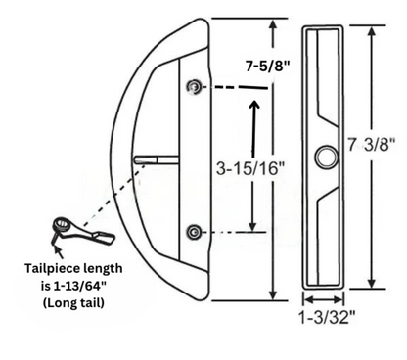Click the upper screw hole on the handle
[x=197, y=88]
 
